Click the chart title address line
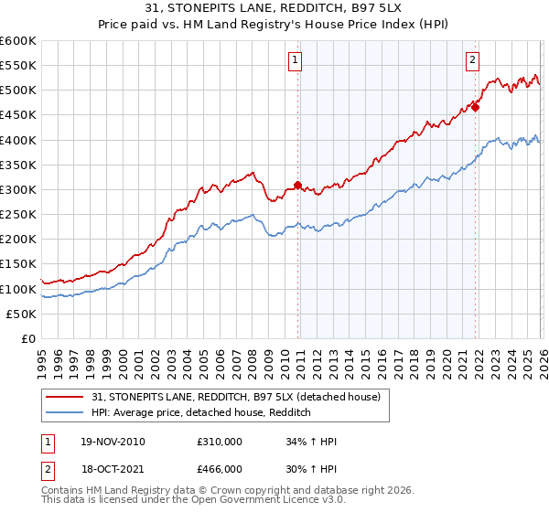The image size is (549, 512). (274, 8)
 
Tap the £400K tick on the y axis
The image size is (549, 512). (18, 140)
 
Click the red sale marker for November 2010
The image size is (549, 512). (297, 185)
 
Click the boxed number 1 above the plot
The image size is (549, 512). (296, 61)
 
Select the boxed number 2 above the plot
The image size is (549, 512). (472, 61)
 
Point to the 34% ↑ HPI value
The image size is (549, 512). (310, 442)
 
